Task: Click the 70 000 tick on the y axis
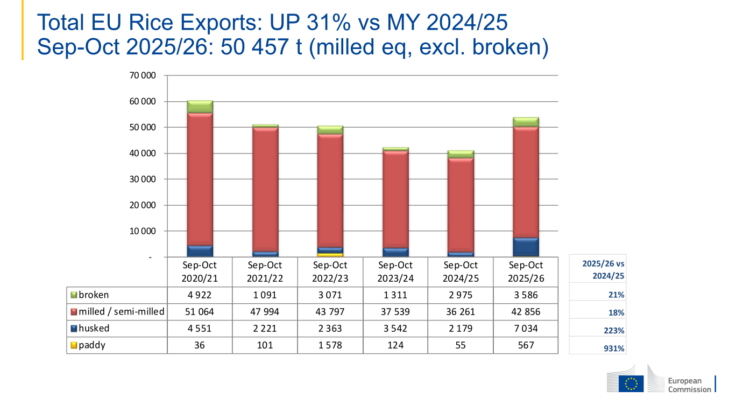(x=143, y=75)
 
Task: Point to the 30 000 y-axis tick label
(x=143, y=179)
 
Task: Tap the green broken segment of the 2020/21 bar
(x=200, y=107)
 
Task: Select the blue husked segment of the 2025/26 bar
(x=526, y=247)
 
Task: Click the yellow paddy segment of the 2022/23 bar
(x=330, y=255)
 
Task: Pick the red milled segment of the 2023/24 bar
(x=395, y=199)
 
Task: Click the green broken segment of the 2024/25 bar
(x=461, y=155)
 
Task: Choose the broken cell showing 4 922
(x=200, y=295)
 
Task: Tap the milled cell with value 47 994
(x=265, y=312)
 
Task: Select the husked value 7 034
(x=526, y=329)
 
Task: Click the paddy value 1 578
(x=330, y=345)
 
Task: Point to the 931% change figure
(x=614, y=349)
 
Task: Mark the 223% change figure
(x=614, y=331)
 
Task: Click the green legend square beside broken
(x=74, y=295)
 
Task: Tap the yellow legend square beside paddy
(x=74, y=345)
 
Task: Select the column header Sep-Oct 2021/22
(x=265, y=271)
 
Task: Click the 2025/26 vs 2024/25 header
(x=603, y=270)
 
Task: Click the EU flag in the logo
(x=631, y=384)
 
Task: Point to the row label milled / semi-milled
(x=122, y=311)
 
